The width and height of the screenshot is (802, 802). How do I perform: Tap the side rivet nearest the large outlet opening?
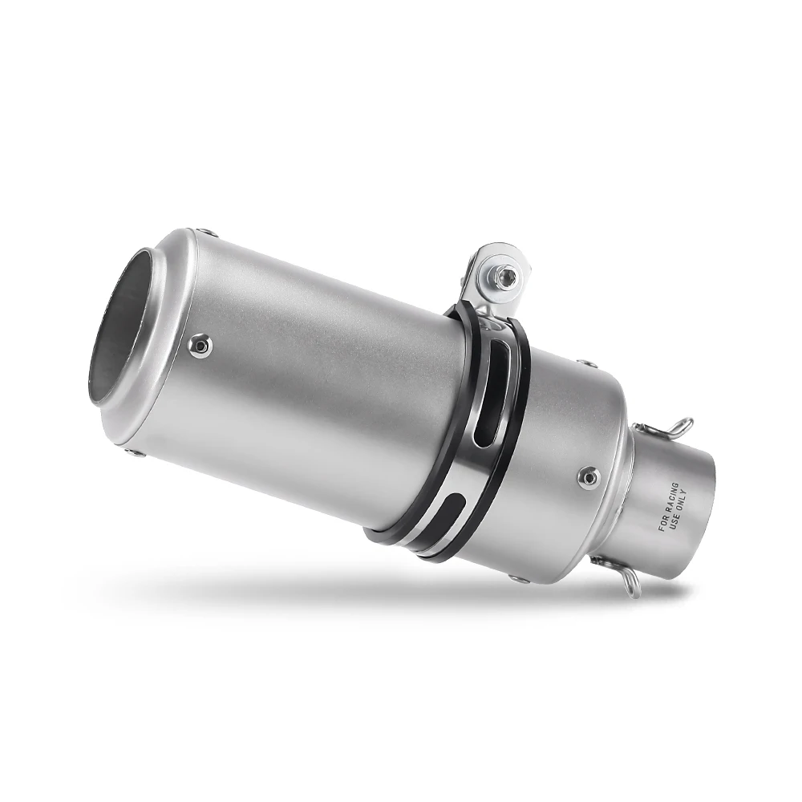200,345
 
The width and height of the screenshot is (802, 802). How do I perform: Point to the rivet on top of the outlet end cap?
208,233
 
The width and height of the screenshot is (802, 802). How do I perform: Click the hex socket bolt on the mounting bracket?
504,277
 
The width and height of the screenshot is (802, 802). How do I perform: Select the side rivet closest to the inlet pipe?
589,477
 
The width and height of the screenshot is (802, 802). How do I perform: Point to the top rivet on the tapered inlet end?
587,364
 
